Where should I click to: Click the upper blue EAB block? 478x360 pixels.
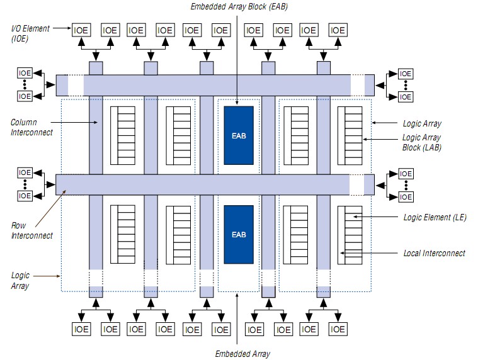[239, 135]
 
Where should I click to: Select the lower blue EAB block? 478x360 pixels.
[239, 234]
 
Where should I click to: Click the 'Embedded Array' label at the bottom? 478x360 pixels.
[242, 354]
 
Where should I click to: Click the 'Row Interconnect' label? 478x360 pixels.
[32, 230]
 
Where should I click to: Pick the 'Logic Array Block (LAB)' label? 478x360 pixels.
[421, 142]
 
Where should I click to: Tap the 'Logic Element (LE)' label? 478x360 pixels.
[434, 218]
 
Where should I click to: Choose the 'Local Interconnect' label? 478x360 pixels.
[434, 253]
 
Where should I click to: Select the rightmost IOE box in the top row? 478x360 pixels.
[338, 30]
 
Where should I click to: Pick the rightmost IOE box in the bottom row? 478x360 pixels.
[338, 329]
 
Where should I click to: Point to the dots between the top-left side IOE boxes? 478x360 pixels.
[25, 85]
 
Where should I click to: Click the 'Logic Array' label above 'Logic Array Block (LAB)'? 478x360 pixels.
[421, 124]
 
